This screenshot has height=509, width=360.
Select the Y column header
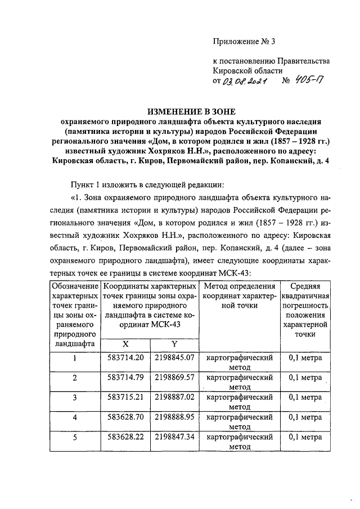(174, 344)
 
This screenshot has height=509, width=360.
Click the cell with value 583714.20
(125, 357)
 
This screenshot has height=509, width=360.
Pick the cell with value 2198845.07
(175, 357)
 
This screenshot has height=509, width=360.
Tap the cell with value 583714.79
(125, 377)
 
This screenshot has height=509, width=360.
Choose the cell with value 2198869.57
(175, 377)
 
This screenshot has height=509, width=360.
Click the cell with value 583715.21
(125, 397)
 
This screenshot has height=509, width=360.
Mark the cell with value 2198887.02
(175, 397)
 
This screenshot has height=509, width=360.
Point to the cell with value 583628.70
(125, 417)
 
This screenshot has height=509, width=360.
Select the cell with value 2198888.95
(175, 417)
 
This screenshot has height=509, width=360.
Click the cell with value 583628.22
(125, 436)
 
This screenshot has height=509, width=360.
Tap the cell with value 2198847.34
(175, 436)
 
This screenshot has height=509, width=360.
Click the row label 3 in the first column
(74, 397)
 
